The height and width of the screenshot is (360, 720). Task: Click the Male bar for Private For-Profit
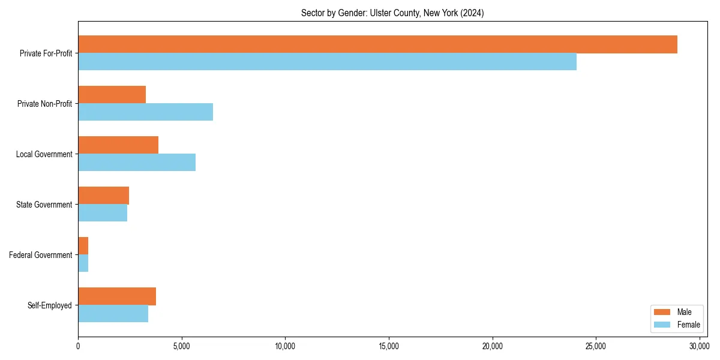[377, 44]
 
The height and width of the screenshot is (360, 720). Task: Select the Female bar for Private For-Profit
[327, 62]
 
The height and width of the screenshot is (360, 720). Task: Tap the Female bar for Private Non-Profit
[145, 112]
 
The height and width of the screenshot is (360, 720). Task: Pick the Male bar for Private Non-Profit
[112, 95]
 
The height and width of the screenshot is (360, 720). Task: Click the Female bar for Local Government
[137, 163]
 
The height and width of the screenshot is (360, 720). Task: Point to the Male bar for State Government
[103, 196]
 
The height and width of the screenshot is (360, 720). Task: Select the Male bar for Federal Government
[83, 246]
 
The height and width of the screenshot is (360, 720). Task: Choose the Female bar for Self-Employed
[113, 314]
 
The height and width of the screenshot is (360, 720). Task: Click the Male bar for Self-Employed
[117, 296]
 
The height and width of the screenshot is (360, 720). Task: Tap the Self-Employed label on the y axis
[49, 305]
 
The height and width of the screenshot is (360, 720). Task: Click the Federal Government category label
[40, 255]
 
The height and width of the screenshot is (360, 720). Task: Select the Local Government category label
[44, 154]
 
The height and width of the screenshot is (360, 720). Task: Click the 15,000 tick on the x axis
[389, 346]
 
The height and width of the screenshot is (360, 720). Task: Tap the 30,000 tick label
[700, 346]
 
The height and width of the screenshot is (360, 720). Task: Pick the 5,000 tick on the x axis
[182, 346]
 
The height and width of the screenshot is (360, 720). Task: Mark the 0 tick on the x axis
[78, 346]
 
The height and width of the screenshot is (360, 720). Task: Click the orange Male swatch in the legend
[662, 312]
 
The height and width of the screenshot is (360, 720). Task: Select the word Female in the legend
[688, 325]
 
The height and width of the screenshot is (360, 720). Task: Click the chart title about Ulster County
[392, 13]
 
